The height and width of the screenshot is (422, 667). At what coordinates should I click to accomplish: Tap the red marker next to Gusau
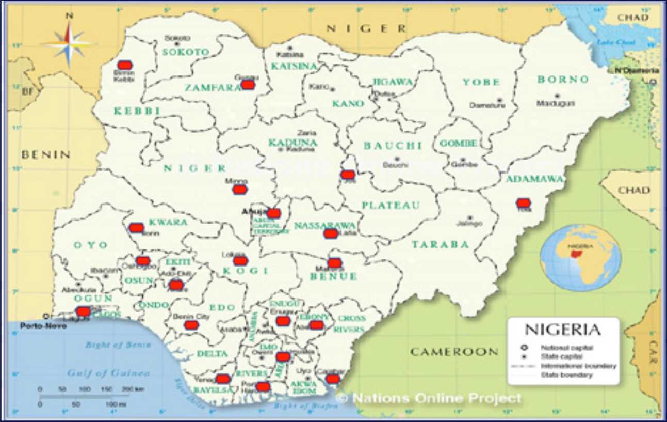pos(248,84)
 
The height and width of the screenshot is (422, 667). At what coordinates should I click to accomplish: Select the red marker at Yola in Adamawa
pos(524,203)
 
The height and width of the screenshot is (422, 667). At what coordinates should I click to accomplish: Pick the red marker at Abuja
pos(273,213)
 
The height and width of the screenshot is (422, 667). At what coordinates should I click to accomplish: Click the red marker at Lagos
pos(83,311)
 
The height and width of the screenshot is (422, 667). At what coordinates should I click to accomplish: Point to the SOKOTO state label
pos(186,52)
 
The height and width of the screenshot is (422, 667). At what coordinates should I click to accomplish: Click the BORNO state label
pos(563,80)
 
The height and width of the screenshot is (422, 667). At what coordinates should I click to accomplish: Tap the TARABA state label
pos(440,244)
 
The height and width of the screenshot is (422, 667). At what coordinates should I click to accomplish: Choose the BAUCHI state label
pos(393,146)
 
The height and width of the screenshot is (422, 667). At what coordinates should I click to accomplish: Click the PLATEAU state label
pos(391,205)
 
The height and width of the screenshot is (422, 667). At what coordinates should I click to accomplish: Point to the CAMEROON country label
pos(454,352)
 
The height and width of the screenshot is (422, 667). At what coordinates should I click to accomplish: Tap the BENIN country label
pos(45,154)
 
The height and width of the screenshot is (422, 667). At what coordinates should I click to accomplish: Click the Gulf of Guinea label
pos(109,373)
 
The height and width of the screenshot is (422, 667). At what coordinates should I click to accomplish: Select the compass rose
pos(69,43)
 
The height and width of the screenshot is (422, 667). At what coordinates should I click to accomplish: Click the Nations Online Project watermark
pos(429,398)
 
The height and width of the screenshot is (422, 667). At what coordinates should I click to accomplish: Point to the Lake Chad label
pos(609,42)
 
